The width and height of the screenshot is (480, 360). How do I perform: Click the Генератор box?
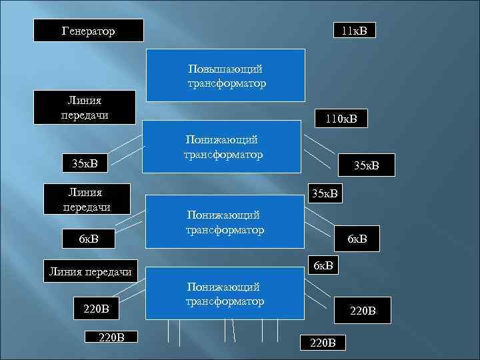click(x=89, y=30)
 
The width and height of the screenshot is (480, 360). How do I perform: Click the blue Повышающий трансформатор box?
click(x=227, y=76)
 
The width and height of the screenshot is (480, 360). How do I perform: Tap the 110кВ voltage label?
click(x=341, y=119)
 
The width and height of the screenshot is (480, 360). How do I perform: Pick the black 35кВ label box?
click(x=84, y=163)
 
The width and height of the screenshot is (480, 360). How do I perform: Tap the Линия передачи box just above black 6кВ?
click(x=85, y=199)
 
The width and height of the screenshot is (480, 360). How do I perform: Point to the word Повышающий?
click(x=225, y=69)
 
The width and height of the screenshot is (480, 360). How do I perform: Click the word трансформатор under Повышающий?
click(x=227, y=83)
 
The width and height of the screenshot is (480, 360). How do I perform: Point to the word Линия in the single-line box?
click(x=68, y=271)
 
